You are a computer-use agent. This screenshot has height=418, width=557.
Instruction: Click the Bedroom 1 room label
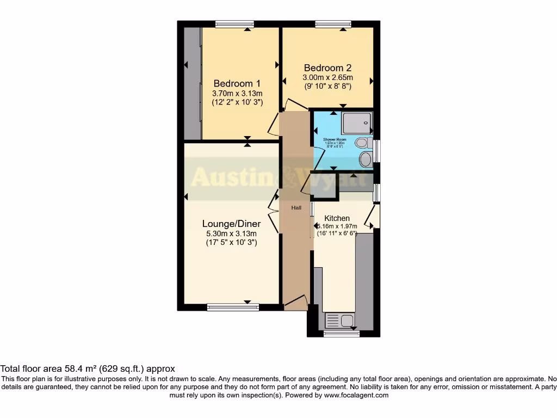point(237,83)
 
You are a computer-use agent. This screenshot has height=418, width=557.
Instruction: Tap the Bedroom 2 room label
point(327,68)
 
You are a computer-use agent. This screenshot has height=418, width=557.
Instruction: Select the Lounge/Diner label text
point(231,224)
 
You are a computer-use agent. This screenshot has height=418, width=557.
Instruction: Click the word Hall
point(296,208)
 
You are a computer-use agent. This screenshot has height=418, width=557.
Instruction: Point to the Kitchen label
point(337,218)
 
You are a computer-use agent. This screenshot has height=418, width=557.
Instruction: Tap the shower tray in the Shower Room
point(357,124)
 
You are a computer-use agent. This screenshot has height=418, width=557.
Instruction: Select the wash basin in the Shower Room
point(366,159)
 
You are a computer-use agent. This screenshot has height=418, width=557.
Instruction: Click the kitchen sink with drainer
point(339,320)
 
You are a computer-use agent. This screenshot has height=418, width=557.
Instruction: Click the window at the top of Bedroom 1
point(234,24)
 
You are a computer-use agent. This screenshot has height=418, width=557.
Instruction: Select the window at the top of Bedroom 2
point(333,24)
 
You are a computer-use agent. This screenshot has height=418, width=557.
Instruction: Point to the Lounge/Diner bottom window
point(233,308)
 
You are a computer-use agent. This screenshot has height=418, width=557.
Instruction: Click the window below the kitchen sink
point(341,334)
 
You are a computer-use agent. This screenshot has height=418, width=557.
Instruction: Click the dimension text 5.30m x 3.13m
point(231,233)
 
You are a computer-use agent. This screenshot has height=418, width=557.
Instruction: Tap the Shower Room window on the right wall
point(377,150)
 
